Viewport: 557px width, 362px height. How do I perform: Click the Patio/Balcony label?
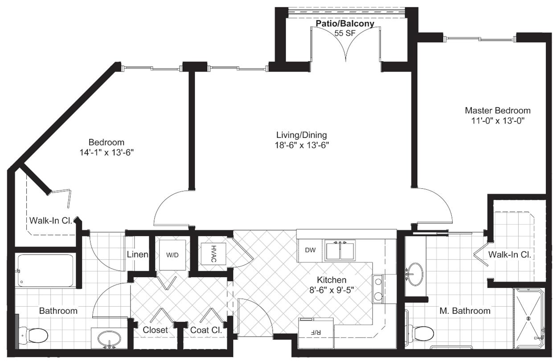345,24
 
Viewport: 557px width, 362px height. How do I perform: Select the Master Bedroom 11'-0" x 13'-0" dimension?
498,121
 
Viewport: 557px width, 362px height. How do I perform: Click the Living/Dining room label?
302,135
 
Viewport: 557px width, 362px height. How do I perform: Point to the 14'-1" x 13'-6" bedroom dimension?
106,152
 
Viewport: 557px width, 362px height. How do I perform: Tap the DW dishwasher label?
310,250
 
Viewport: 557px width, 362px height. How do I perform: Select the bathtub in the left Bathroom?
45,270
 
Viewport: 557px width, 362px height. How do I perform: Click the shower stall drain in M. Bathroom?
528,318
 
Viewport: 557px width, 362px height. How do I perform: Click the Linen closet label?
137,254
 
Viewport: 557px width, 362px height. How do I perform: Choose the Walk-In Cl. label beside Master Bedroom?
509,255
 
